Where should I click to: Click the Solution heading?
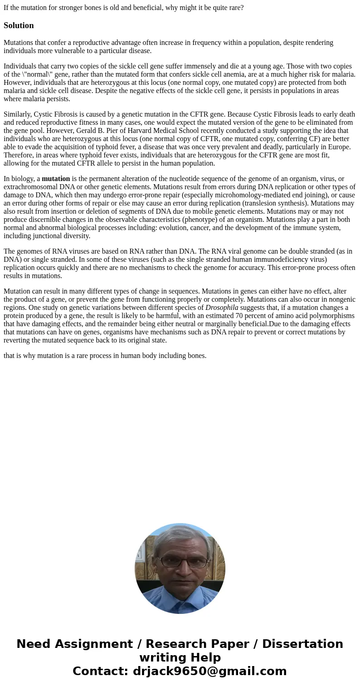(19, 25)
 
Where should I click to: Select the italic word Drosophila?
(222, 308)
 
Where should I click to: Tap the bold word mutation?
(56, 179)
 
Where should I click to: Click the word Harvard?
(148, 131)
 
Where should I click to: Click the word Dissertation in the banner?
(302, 644)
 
